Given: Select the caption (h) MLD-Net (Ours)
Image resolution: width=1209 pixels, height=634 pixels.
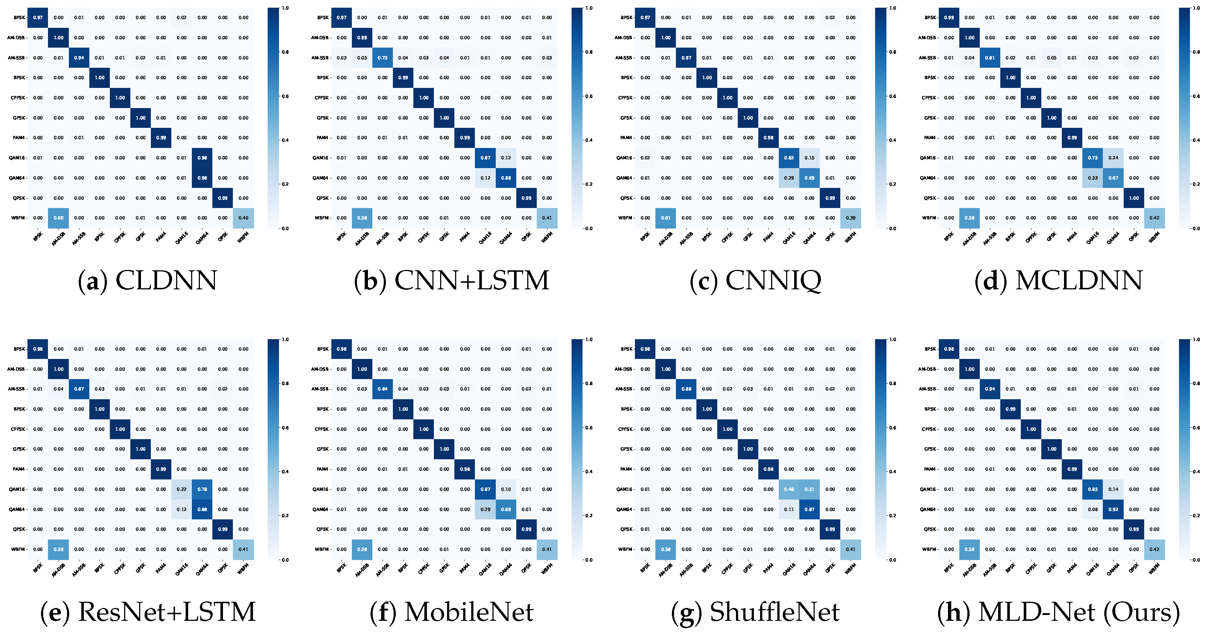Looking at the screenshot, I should (x=1059, y=612).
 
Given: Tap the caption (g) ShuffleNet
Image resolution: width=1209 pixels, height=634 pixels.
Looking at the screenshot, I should (x=755, y=612).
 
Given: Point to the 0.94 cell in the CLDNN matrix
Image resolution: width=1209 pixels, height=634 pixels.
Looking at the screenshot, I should (x=79, y=58).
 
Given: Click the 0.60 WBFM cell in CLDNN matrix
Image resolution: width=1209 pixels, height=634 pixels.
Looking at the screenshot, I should (x=58, y=218).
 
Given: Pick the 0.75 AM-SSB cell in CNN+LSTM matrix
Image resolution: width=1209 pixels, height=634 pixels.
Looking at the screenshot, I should (x=383, y=58).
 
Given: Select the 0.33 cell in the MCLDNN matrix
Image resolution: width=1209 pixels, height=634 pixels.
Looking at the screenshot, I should (x=1093, y=178).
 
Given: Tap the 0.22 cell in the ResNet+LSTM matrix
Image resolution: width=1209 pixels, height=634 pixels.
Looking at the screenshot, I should (x=182, y=489).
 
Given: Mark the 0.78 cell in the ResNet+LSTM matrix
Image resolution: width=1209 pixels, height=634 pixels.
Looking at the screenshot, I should (x=202, y=489).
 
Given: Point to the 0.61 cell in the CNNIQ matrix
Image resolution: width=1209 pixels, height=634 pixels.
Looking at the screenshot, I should (x=666, y=218).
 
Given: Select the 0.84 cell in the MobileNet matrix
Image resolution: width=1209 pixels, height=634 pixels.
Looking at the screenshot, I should (x=383, y=389).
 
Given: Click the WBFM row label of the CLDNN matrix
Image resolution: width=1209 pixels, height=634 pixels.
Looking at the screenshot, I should (x=18, y=218).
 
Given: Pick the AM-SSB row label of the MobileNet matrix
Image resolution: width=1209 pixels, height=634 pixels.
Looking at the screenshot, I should (x=320, y=389).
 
